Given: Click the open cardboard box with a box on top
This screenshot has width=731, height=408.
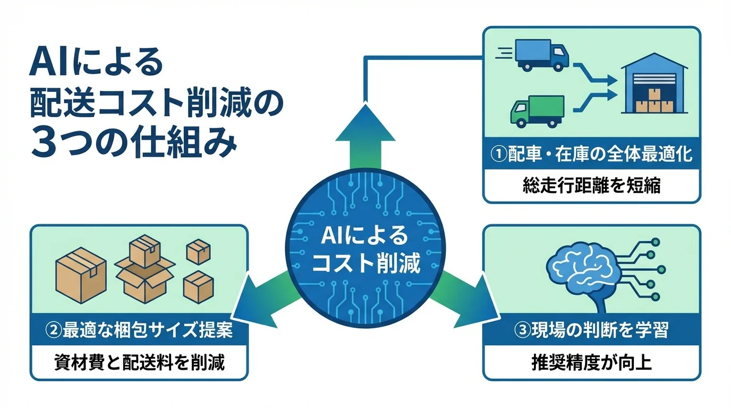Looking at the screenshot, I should click(145, 271).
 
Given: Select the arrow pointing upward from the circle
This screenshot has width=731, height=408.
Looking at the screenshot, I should click(365, 133).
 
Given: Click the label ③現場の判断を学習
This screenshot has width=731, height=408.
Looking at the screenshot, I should click(591, 330).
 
